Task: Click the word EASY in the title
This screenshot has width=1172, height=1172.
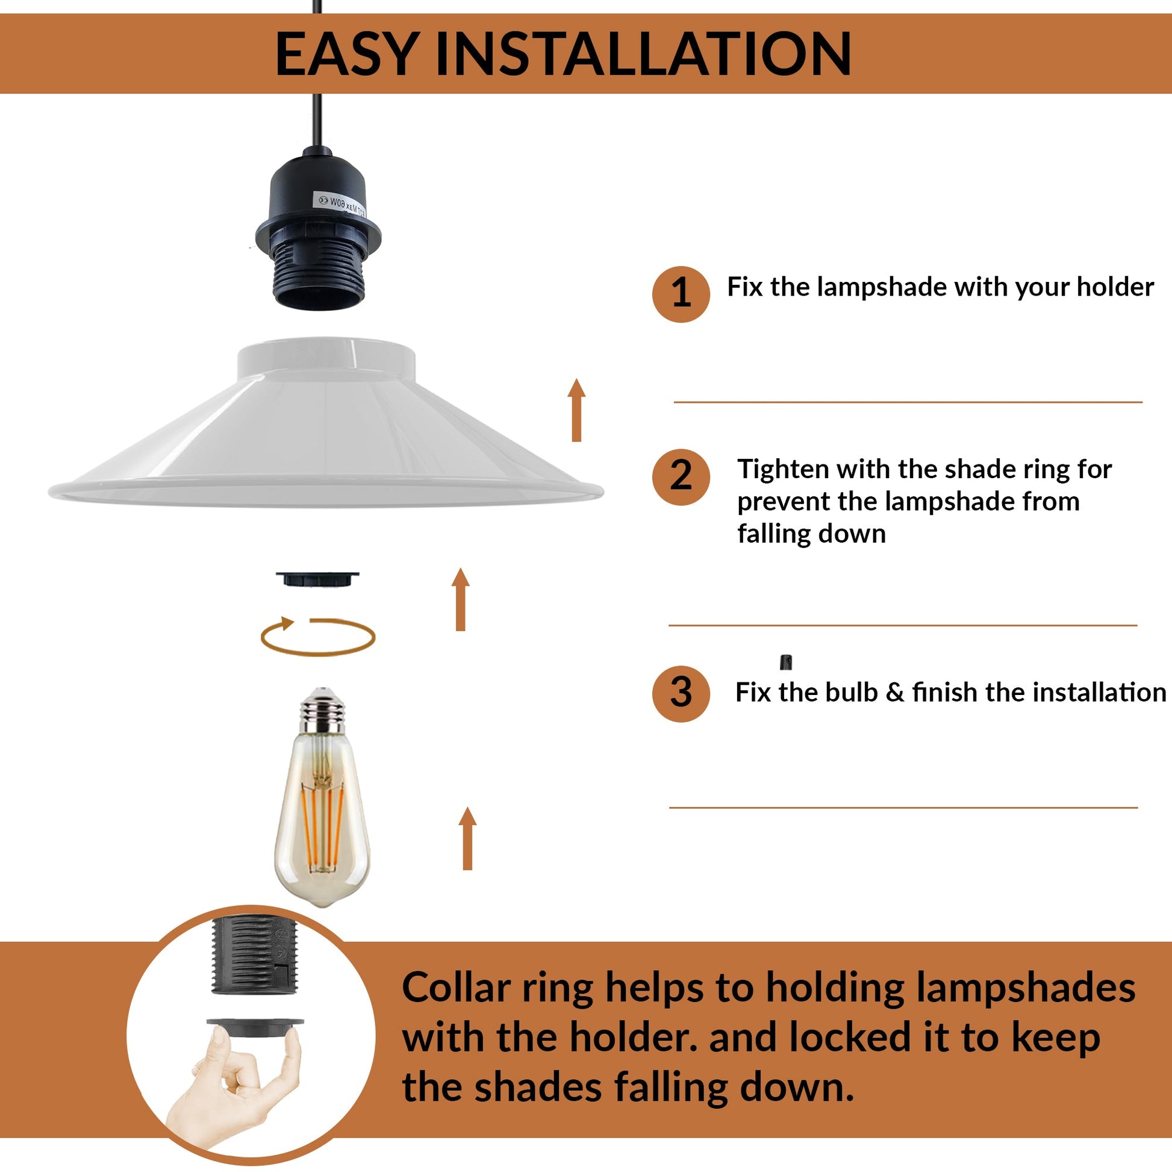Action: tap(346, 54)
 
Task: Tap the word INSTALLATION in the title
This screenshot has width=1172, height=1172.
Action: tap(644, 54)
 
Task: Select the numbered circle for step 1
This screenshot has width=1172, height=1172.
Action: tap(681, 294)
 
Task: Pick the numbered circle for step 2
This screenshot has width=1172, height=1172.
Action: tap(681, 478)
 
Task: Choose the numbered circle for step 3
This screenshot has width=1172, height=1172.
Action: tap(681, 693)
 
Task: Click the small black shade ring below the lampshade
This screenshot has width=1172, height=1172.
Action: tap(317, 579)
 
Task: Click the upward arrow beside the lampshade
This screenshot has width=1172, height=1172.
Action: tap(576, 410)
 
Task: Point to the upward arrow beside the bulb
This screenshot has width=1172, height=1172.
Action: tap(467, 839)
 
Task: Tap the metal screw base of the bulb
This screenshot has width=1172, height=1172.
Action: tap(322, 709)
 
